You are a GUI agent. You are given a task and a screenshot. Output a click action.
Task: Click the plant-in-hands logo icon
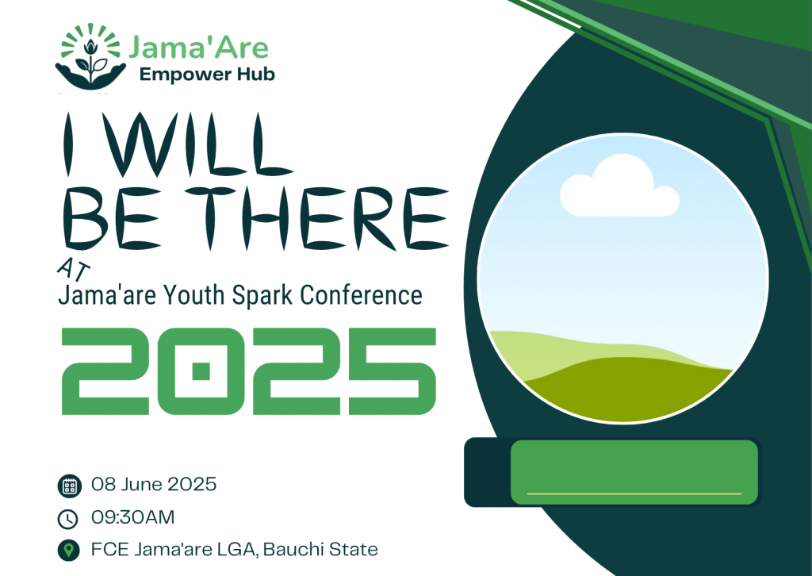coord(90,56)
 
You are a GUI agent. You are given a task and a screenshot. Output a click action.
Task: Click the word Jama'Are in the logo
coord(198,48)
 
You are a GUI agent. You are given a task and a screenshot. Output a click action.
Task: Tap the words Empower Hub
coord(207,75)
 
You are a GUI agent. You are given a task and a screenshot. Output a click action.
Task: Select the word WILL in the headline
coord(197,144)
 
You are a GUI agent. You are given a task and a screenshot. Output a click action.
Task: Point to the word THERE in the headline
coord(317,219)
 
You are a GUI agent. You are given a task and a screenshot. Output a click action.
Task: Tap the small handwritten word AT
coord(74,269)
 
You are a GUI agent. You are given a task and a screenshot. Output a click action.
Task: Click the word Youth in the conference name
coord(194,295)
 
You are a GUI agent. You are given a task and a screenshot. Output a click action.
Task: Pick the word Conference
coord(362,295)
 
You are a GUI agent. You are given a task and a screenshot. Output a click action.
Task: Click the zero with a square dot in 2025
coord(201,371)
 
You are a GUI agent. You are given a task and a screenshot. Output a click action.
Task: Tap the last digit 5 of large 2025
coord(392,371)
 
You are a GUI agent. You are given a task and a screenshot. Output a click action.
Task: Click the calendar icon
coord(70,486)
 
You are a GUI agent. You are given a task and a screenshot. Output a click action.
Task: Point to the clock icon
coord(68,519)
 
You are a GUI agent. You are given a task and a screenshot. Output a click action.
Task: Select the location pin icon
coord(68,550)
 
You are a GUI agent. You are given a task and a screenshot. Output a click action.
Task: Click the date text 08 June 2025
coord(154,484)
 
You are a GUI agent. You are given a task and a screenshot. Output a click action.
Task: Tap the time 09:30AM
coord(133,517)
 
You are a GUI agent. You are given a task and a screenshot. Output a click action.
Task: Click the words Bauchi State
coord(320,549)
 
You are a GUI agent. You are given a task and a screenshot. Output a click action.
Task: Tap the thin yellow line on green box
coord(634,493)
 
